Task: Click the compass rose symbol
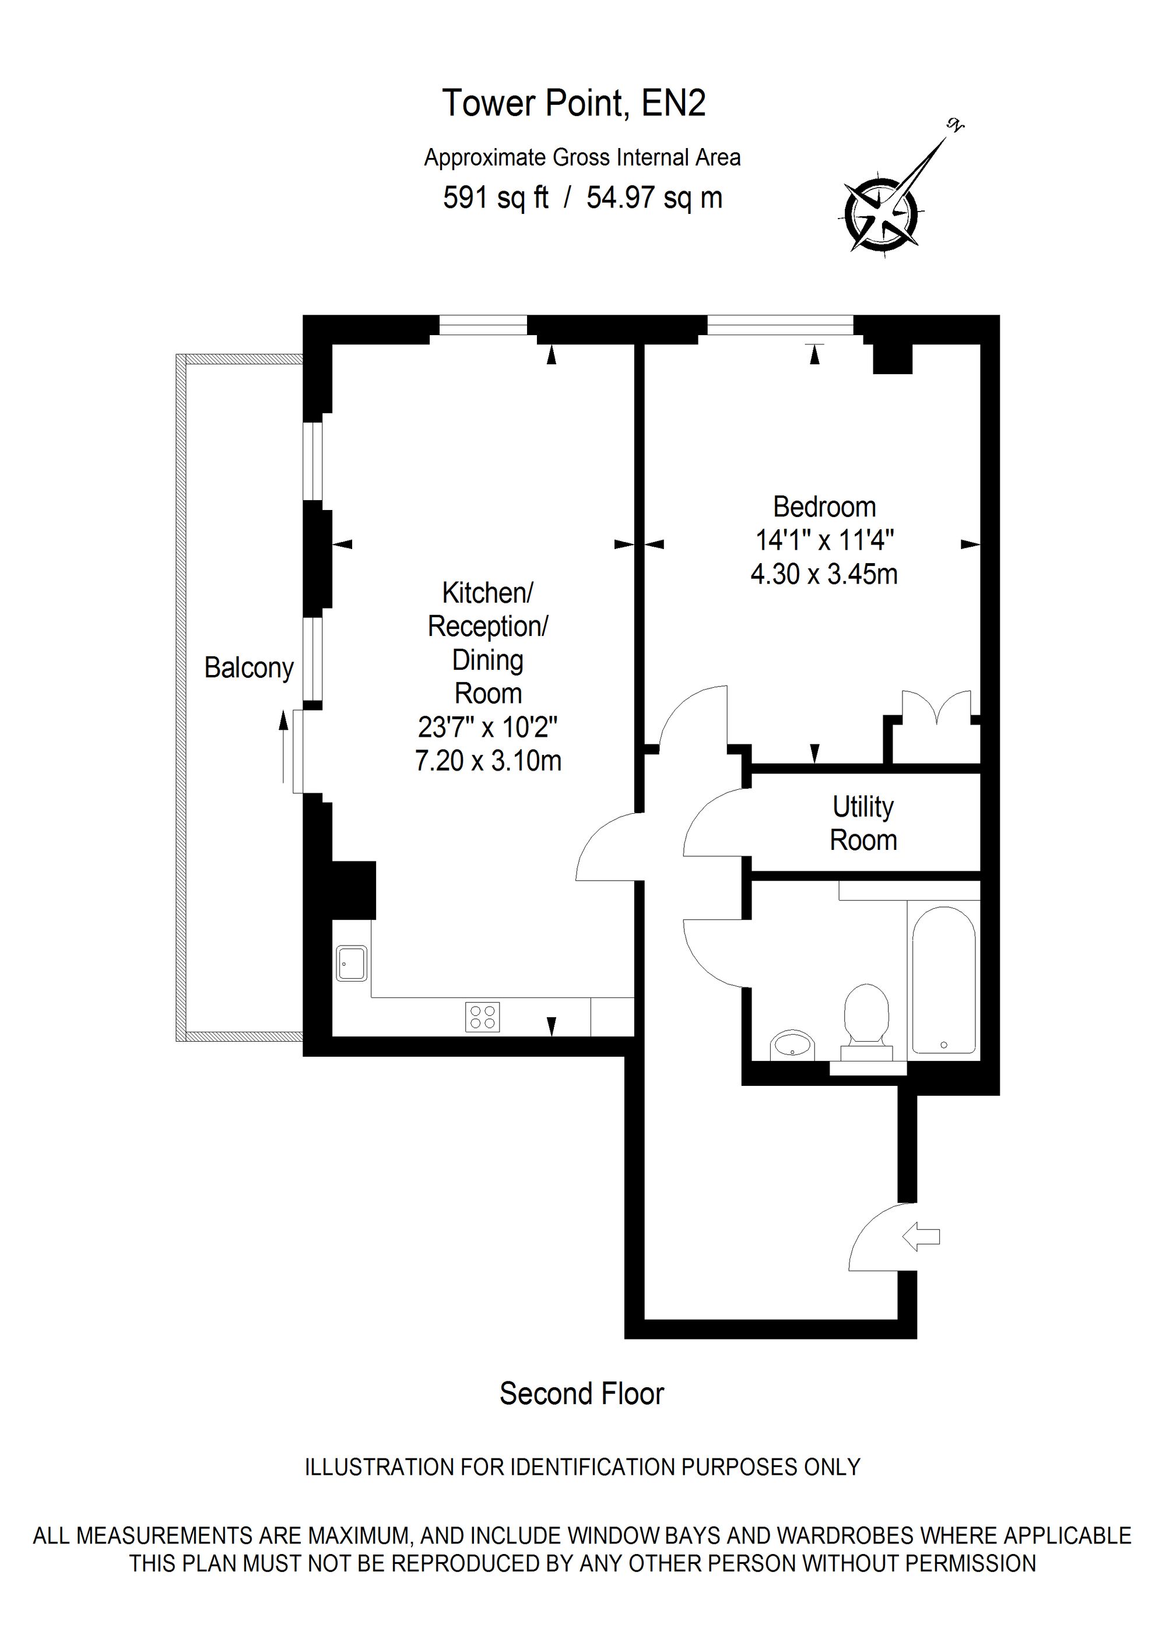coord(881,214)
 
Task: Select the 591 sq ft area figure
coord(495,198)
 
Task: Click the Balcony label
coord(248,668)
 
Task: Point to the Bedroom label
coord(824,507)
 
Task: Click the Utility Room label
coord(863,824)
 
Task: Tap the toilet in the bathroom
coord(866,1018)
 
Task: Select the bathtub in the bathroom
coord(943,980)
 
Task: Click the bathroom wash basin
coord(792,1045)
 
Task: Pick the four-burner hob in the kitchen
coord(482,1016)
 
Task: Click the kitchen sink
coord(352,963)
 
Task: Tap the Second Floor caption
coord(582,1394)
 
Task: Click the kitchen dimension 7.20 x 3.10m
coord(488,761)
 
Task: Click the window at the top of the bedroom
coord(781,326)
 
